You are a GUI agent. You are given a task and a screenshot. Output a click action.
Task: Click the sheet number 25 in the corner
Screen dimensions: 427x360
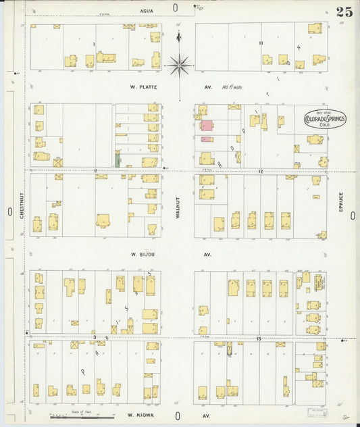coord(343,11)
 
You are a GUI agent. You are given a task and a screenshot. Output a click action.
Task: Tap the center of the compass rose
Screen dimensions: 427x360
coord(179,66)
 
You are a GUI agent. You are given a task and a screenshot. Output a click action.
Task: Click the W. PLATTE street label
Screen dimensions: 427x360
coord(145,87)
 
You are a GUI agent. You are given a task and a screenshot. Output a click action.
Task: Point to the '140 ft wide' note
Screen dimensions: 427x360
coord(232,87)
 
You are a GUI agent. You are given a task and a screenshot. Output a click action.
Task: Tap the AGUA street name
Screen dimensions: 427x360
coord(147,10)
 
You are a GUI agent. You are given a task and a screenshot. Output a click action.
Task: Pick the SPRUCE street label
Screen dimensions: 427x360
coord(341,203)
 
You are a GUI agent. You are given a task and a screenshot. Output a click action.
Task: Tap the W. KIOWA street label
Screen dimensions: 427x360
coord(140,416)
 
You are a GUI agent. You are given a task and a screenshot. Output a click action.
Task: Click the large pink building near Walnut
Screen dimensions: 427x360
coord(207,126)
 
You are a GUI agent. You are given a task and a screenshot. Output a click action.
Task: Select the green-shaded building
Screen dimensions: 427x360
coord(118,160)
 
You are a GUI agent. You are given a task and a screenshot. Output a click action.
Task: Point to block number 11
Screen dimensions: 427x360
coord(260,43)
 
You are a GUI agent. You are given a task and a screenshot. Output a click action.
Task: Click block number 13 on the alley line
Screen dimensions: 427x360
coord(259,337)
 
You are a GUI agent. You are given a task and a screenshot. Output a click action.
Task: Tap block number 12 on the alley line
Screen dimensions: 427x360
coord(259,172)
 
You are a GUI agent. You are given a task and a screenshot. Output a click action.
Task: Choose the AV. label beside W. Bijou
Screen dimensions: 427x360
coord(208,255)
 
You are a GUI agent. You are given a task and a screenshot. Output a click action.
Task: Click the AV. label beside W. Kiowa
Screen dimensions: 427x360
coord(207,416)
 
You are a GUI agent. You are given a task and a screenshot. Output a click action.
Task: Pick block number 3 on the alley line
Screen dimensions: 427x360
coord(95,336)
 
